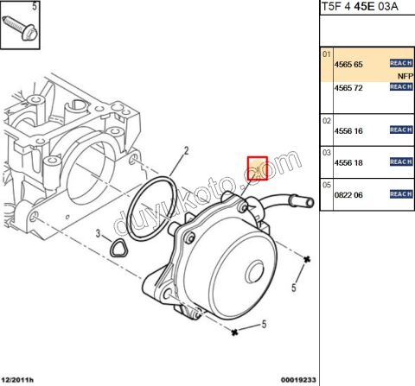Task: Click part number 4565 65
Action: click(x=348, y=64)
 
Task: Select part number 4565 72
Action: click(x=348, y=87)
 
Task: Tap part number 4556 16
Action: click(x=348, y=130)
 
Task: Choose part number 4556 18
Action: click(x=348, y=161)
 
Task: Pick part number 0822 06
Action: click(x=348, y=194)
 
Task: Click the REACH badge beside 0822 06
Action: click(x=400, y=194)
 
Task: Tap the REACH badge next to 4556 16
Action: click(x=400, y=130)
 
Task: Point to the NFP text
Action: click(x=405, y=76)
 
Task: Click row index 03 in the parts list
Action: click(x=327, y=152)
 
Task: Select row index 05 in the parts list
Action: click(x=327, y=185)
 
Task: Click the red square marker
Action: click(x=258, y=168)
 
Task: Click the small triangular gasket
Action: click(x=116, y=248)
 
